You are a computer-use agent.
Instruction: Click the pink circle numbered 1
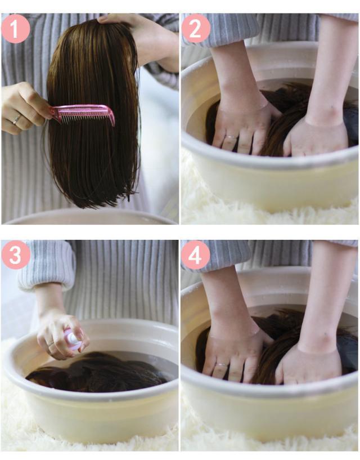tap(16, 29)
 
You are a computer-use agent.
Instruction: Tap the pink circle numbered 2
tap(196, 29)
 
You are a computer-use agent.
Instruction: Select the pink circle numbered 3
tap(16, 255)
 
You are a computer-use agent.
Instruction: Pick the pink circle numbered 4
tap(196, 255)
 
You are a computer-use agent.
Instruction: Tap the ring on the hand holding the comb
tap(16, 119)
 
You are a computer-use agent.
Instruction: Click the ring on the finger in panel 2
tap(231, 137)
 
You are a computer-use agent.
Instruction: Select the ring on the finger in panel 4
tap(222, 365)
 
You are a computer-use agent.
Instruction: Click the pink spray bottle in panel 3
tap(73, 339)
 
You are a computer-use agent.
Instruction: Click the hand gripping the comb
tap(24, 109)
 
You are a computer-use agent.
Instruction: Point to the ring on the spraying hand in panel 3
tap(51, 343)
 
